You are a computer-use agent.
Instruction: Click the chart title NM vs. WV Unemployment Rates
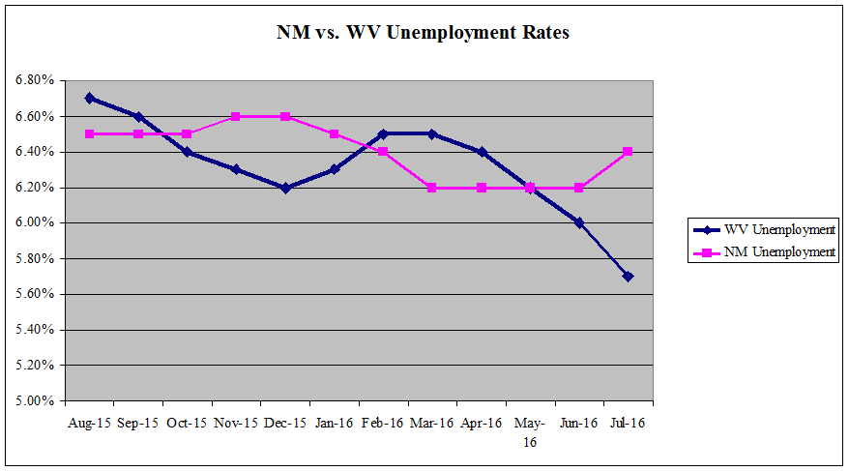[x=423, y=33]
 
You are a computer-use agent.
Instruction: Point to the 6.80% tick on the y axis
[x=36, y=80]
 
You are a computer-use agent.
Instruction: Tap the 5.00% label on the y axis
[x=36, y=400]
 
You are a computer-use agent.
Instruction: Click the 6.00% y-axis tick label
[x=36, y=222]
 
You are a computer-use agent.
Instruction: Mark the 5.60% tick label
[x=36, y=294]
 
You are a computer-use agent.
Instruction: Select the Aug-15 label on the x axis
[x=89, y=423]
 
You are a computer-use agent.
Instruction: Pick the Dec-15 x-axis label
[x=285, y=423]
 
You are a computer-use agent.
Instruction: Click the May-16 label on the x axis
[x=530, y=431]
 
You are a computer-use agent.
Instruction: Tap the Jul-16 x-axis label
[x=628, y=423]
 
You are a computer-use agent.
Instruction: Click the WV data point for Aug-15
[x=89, y=98]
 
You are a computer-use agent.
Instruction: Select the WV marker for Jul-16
[x=629, y=277]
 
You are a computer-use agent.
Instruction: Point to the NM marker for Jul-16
[x=629, y=152]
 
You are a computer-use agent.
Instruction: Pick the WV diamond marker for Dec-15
[x=285, y=188]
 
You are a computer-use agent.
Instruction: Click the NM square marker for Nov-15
[x=236, y=116]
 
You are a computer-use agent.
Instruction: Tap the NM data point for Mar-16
[x=432, y=188]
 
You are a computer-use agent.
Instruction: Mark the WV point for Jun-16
[x=579, y=222]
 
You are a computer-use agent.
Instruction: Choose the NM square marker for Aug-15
[x=89, y=133]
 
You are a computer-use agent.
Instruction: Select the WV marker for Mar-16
[x=432, y=133]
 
